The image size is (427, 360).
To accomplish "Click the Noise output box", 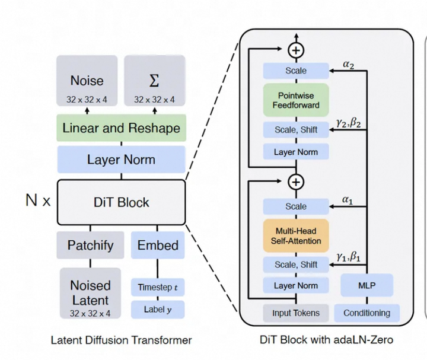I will point(87,83).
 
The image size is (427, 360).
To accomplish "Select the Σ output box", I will point(154,83).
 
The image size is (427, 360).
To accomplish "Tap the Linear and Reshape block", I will point(121,128).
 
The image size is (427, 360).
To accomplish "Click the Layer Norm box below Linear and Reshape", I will point(121,160).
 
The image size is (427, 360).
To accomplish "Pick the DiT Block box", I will point(121,202).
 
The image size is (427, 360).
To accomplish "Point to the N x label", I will point(38,200).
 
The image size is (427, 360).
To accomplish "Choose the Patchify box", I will point(90,245).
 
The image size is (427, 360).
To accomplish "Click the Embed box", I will point(157,245).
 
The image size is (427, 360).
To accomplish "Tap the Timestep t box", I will point(157,287).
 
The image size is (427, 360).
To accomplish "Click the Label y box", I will point(157,309).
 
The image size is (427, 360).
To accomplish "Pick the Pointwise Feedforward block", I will point(295,100).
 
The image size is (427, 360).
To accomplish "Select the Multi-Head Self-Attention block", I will point(295,235).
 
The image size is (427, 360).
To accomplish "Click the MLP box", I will point(367,285).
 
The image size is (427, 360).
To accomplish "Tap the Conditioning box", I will point(367,313).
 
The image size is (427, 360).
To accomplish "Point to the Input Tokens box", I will point(295,313).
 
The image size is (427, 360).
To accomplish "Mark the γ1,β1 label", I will point(349,257).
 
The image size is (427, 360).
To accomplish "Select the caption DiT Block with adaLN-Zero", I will point(326,340).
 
